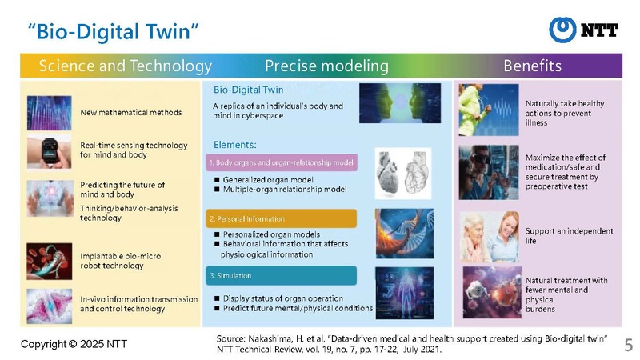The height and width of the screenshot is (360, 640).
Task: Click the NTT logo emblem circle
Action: click(562, 30)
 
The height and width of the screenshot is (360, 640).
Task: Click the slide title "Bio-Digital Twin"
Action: click(113, 31)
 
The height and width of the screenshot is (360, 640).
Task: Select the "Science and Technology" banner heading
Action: click(126, 66)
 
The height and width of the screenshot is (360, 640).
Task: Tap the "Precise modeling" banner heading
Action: click(326, 66)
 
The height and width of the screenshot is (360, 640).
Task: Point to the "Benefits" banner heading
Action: click(532, 66)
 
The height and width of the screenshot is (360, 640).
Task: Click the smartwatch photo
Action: click(49, 153)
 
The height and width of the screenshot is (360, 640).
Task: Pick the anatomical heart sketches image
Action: click(403, 174)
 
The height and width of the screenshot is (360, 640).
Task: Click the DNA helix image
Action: click(405, 234)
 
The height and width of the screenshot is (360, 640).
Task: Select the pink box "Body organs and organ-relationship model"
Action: click(282, 162)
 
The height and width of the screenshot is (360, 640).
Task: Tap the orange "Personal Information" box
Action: click(282, 218)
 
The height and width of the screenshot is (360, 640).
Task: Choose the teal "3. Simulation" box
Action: click(282, 275)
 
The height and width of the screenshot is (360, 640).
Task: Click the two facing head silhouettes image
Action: click(400, 103)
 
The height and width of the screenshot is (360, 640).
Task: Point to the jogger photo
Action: click(489, 110)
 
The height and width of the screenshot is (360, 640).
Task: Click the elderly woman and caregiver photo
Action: click(490, 237)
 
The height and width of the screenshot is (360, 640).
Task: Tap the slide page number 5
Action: click(628, 346)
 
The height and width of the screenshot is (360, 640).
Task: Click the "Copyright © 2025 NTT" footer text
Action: click(74, 344)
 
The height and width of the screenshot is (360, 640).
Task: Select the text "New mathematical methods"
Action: click(131, 112)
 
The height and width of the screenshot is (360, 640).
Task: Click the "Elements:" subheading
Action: click(235, 145)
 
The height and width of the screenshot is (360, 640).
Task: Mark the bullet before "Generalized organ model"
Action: click(217, 179)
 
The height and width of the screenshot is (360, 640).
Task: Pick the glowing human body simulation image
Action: click(405, 293)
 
